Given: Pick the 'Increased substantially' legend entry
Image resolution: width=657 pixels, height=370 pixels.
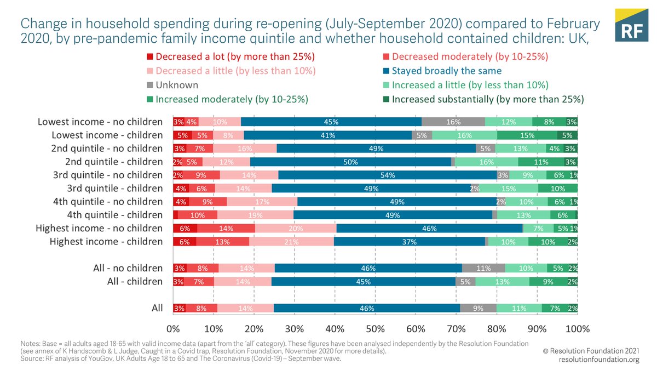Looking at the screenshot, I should pyautogui.click(x=488, y=99).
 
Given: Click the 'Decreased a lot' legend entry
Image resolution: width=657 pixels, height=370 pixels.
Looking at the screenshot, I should pyautogui.click(x=235, y=56).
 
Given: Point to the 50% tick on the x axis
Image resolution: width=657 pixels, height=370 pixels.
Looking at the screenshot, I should pyautogui.click(x=375, y=329).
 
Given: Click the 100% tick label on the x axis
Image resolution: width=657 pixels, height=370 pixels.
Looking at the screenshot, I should pyautogui.click(x=577, y=329).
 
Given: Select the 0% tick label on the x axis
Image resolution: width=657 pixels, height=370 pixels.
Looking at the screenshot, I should pyautogui.click(x=173, y=329).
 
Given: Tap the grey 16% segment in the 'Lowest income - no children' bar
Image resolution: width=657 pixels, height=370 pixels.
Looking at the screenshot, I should pyautogui.click(x=453, y=122).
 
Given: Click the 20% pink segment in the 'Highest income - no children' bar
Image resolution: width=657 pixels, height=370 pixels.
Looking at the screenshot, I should pyautogui.click(x=296, y=228).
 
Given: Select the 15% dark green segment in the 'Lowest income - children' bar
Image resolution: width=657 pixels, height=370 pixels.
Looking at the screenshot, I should pyautogui.click(x=527, y=135).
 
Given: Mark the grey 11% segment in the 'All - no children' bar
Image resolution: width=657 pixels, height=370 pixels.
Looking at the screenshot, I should pyautogui.click(x=483, y=268).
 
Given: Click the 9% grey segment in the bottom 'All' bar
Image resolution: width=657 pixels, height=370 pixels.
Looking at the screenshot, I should pyautogui.click(x=478, y=308).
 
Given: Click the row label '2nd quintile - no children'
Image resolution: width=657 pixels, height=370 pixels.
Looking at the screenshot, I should pyautogui.click(x=107, y=148).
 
